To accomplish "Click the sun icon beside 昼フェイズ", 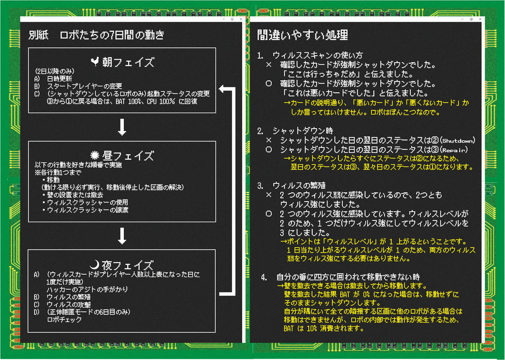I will [95, 155].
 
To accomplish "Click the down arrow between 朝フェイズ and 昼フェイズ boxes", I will [122, 127].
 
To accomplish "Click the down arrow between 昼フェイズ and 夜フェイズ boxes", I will [122, 236].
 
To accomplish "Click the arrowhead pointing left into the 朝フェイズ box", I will [222, 89].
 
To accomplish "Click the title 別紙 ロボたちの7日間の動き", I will [96, 35].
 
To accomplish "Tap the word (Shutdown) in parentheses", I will [459, 140].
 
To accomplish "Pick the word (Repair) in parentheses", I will [454, 149].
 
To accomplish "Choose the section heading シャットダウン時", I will [303, 131].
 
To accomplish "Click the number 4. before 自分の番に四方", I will [264, 277].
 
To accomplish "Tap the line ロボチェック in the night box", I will [64, 319].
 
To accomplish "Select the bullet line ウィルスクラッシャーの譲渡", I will [88, 210].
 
